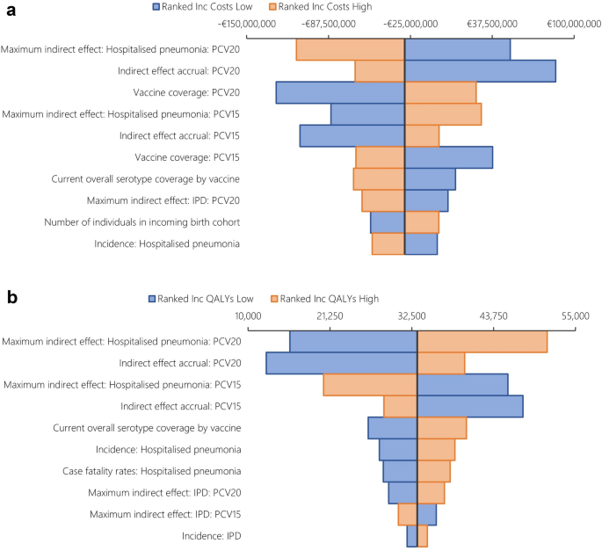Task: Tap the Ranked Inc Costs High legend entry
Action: click(x=326, y=6)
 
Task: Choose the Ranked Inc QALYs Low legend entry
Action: click(x=207, y=298)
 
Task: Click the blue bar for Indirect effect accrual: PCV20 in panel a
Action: click(x=480, y=71)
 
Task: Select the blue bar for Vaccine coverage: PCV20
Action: click(x=340, y=93)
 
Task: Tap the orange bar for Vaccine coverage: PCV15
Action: click(x=380, y=157)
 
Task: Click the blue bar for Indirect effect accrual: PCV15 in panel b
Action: click(x=470, y=406)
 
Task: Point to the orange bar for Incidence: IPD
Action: click(x=423, y=535)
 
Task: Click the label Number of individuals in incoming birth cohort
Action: click(x=142, y=221)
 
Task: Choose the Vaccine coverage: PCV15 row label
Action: click(x=187, y=157)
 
